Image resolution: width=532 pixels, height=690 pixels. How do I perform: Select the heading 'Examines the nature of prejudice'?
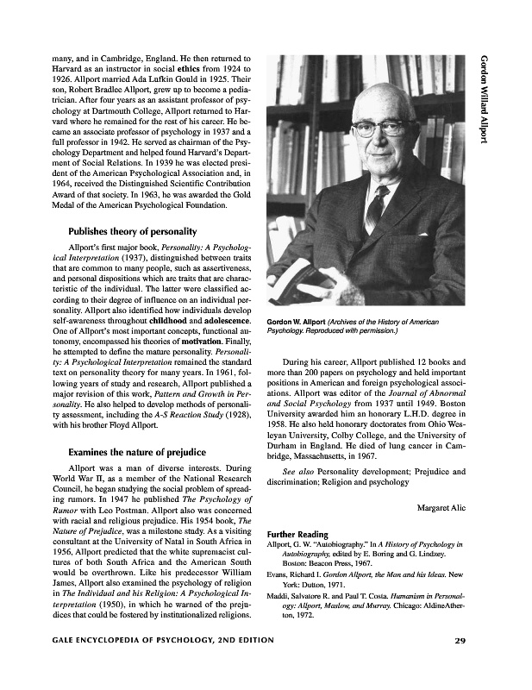click(x=136, y=451)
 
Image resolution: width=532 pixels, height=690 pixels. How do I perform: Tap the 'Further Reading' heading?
click(x=297, y=535)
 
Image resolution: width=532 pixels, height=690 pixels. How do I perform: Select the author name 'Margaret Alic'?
click(x=441, y=507)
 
